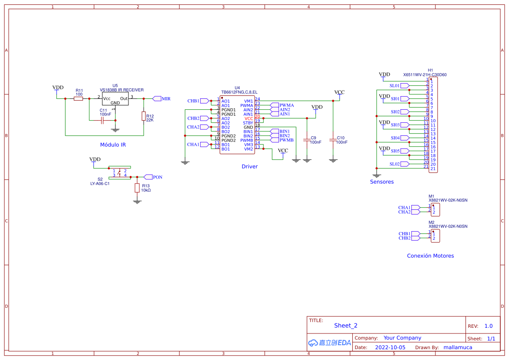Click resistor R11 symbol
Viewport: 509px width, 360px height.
click(x=78, y=99)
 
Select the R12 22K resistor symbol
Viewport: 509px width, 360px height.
click(x=143, y=116)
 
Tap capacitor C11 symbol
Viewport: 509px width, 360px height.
click(x=102, y=120)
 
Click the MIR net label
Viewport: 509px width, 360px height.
click(x=165, y=99)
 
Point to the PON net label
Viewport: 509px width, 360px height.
click(x=157, y=177)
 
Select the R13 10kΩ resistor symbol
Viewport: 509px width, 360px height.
click(x=137, y=188)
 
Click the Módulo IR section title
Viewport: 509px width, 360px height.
click(x=113, y=145)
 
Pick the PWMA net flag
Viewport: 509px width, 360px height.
click(x=286, y=105)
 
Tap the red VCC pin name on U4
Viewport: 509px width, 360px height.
click(x=248, y=118)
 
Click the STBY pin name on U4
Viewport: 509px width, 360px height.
click(x=248, y=123)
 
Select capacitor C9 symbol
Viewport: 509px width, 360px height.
click(x=307, y=140)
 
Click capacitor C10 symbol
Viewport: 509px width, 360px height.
click(x=333, y=140)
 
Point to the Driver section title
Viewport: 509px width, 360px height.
click(x=249, y=166)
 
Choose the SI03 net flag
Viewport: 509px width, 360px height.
click(x=395, y=125)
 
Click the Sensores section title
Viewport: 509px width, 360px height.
click(x=381, y=182)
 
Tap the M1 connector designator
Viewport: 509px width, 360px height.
click(x=431, y=196)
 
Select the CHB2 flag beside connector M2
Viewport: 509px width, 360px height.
click(x=405, y=238)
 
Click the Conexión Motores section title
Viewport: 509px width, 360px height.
click(x=430, y=256)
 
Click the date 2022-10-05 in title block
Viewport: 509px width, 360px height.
click(x=390, y=347)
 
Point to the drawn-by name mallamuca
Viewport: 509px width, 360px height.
click(x=458, y=347)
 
